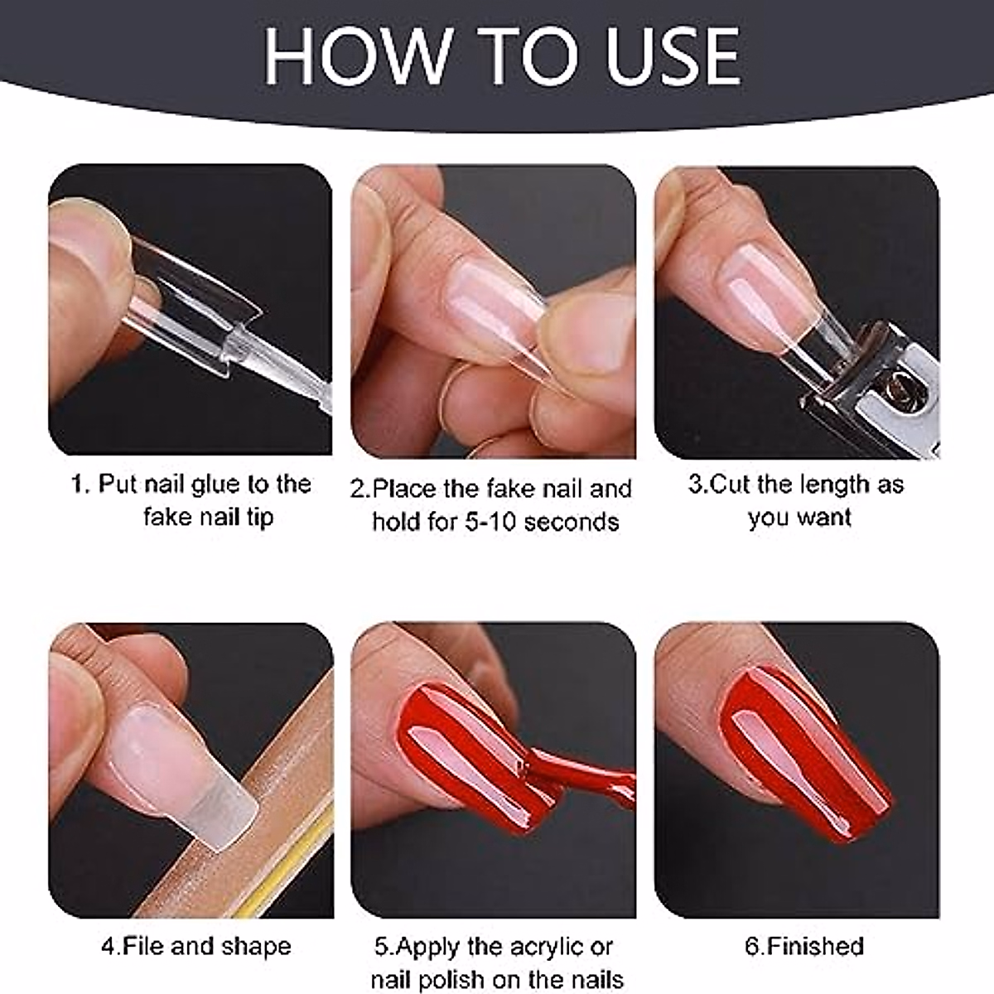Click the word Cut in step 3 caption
pyautogui.click(x=729, y=484)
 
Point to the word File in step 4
pyautogui.click(x=143, y=946)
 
